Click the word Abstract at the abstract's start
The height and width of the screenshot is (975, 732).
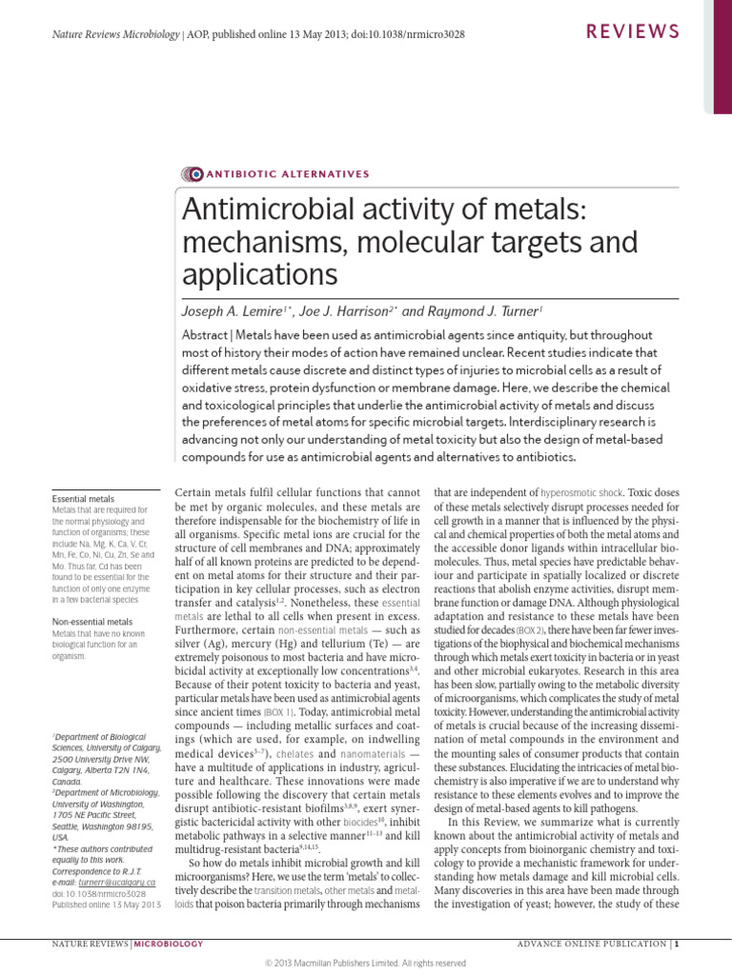[x=206, y=336]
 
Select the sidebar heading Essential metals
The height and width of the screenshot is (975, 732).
[x=83, y=498]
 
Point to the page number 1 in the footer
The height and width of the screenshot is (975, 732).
[x=676, y=944]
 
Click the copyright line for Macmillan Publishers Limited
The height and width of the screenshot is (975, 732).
[x=365, y=963]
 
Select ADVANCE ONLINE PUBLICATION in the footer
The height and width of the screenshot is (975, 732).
[x=592, y=944]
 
